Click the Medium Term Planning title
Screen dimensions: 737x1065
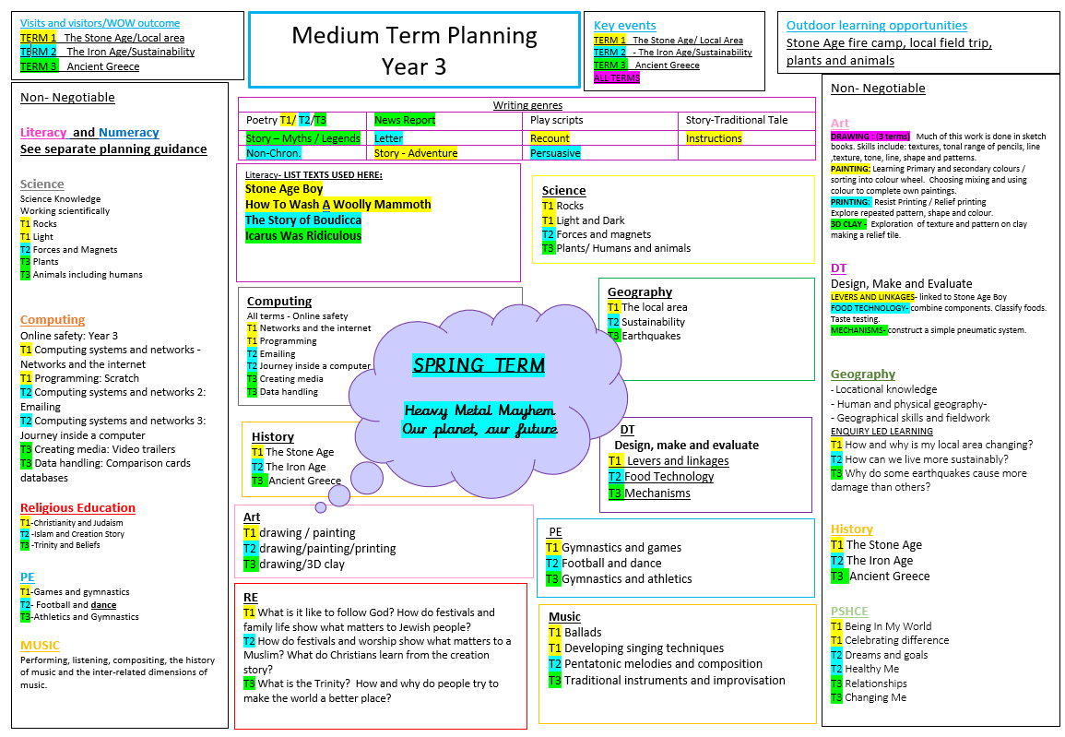414,36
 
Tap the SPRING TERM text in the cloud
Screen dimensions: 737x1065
479,364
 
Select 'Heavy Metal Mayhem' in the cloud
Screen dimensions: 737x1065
479,410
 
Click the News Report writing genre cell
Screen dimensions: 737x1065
406,120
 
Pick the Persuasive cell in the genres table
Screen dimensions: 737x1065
556,153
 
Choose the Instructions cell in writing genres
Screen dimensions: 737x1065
714,138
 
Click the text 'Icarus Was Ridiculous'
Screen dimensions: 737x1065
303,236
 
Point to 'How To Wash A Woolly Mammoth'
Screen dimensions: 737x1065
337,205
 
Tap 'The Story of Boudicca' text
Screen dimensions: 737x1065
303,220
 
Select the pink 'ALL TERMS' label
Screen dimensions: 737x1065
617,78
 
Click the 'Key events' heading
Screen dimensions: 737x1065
625,26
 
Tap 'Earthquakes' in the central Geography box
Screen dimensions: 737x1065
651,336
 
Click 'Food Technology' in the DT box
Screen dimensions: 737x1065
669,477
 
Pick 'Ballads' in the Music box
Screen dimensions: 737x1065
583,633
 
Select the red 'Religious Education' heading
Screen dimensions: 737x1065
78,508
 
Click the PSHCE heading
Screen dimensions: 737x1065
849,611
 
